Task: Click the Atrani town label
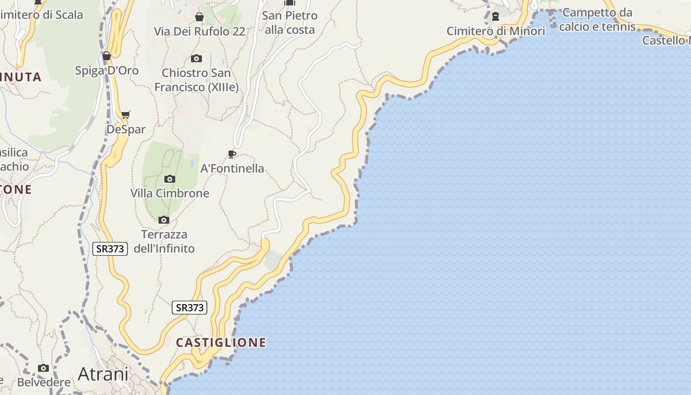coord(103,374)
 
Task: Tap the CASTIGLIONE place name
coord(221,342)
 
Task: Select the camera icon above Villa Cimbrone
coord(170,179)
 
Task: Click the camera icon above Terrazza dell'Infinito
coord(164,220)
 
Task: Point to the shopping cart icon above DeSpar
coord(126,115)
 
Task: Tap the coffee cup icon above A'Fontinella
coord(232,154)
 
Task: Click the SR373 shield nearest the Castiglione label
coord(190,308)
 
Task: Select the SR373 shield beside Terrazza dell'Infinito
coord(110,248)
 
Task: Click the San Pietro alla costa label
coord(290,23)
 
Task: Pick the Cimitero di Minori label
coord(496,31)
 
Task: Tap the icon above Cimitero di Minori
coord(496,16)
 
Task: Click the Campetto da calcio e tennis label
coord(597,19)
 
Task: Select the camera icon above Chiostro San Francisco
coord(196,58)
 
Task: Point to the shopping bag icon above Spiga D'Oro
coord(107,56)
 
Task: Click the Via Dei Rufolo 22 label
coord(199,31)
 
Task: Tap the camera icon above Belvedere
coord(43,368)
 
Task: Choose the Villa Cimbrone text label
coord(170,193)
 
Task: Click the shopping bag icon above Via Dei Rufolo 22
coord(199,17)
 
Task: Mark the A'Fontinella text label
coord(232,168)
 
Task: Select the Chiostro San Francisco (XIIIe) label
coord(196,80)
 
